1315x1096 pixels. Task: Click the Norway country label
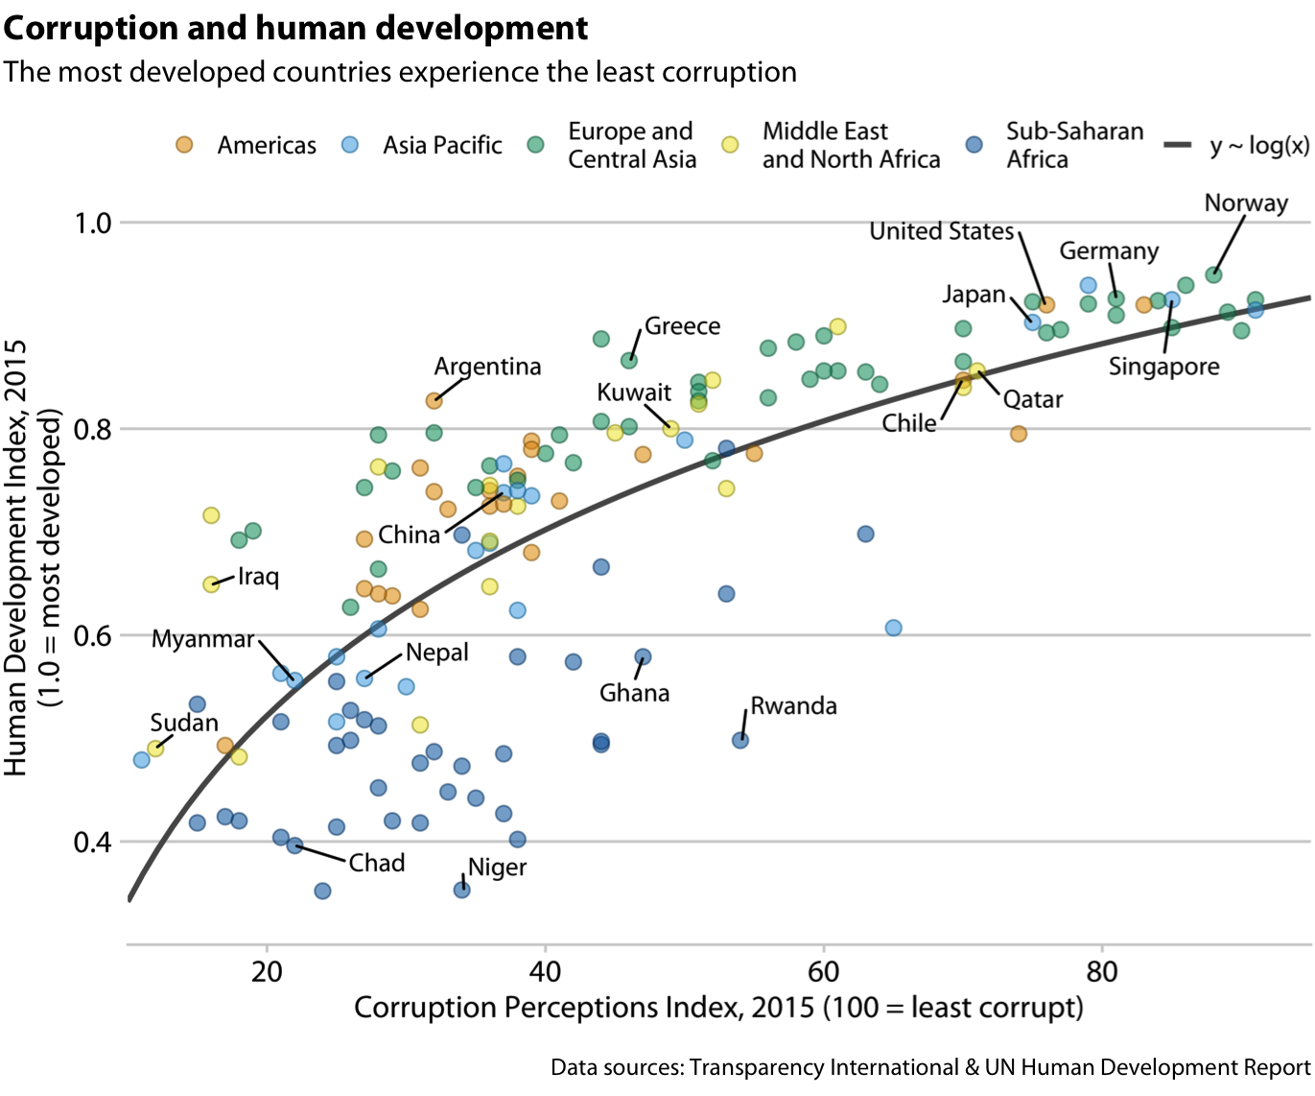pyautogui.click(x=1245, y=203)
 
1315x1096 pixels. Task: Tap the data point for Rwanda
pyautogui.click(x=740, y=740)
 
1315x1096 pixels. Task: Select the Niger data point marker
pyautogui.click(x=461, y=890)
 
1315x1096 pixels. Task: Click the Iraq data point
pyautogui.click(x=211, y=584)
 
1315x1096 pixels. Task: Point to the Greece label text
pyautogui.click(x=682, y=326)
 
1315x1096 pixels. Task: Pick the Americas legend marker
pyautogui.click(x=184, y=145)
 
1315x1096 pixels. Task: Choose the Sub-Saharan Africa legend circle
pyautogui.click(x=975, y=145)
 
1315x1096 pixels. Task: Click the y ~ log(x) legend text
pyautogui.click(x=1259, y=146)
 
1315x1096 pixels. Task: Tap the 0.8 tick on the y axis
pyautogui.click(x=93, y=429)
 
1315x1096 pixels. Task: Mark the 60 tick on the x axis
pyautogui.click(x=824, y=971)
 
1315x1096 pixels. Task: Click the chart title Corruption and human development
pyautogui.click(x=295, y=29)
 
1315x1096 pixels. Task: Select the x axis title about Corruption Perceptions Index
pyautogui.click(x=718, y=1008)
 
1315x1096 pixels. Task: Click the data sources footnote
pyautogui.click(x=929, y=1067)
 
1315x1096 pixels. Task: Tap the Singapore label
pyautogui.click(x=1163, y=367)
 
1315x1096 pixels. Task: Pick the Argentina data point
pyautogui.click(x=434, y=400)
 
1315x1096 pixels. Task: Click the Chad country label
pyautogui.click(x=376, y=863)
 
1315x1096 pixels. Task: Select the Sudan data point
pyautogui.click(x=155, y=748)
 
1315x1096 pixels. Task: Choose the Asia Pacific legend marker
pyautogui.click(x=350, y=145)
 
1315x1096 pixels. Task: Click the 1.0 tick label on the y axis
pyautogui.click(x=93, y=223)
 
